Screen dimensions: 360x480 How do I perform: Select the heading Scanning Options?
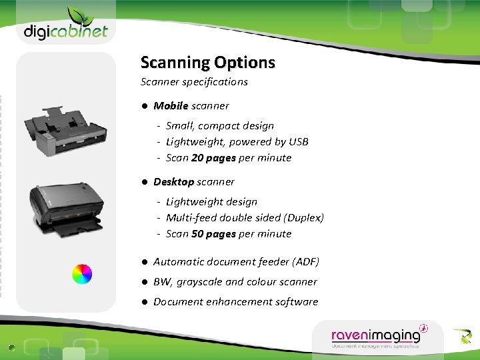click(207, 63)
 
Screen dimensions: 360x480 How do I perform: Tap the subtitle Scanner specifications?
click(194, 82)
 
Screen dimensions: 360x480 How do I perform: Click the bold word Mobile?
click(171, 105)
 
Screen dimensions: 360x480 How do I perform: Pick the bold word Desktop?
click(173, 181)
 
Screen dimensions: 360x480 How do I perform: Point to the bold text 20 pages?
click(213, 158)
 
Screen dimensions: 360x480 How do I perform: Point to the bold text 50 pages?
click(213, 234)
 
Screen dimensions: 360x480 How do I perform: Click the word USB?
click(298, 141)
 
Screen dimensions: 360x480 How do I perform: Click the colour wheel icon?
click(81, 273)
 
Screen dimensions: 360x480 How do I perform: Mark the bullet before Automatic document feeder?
click(144, 262)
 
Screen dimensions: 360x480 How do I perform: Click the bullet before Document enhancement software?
click(144, 302)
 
